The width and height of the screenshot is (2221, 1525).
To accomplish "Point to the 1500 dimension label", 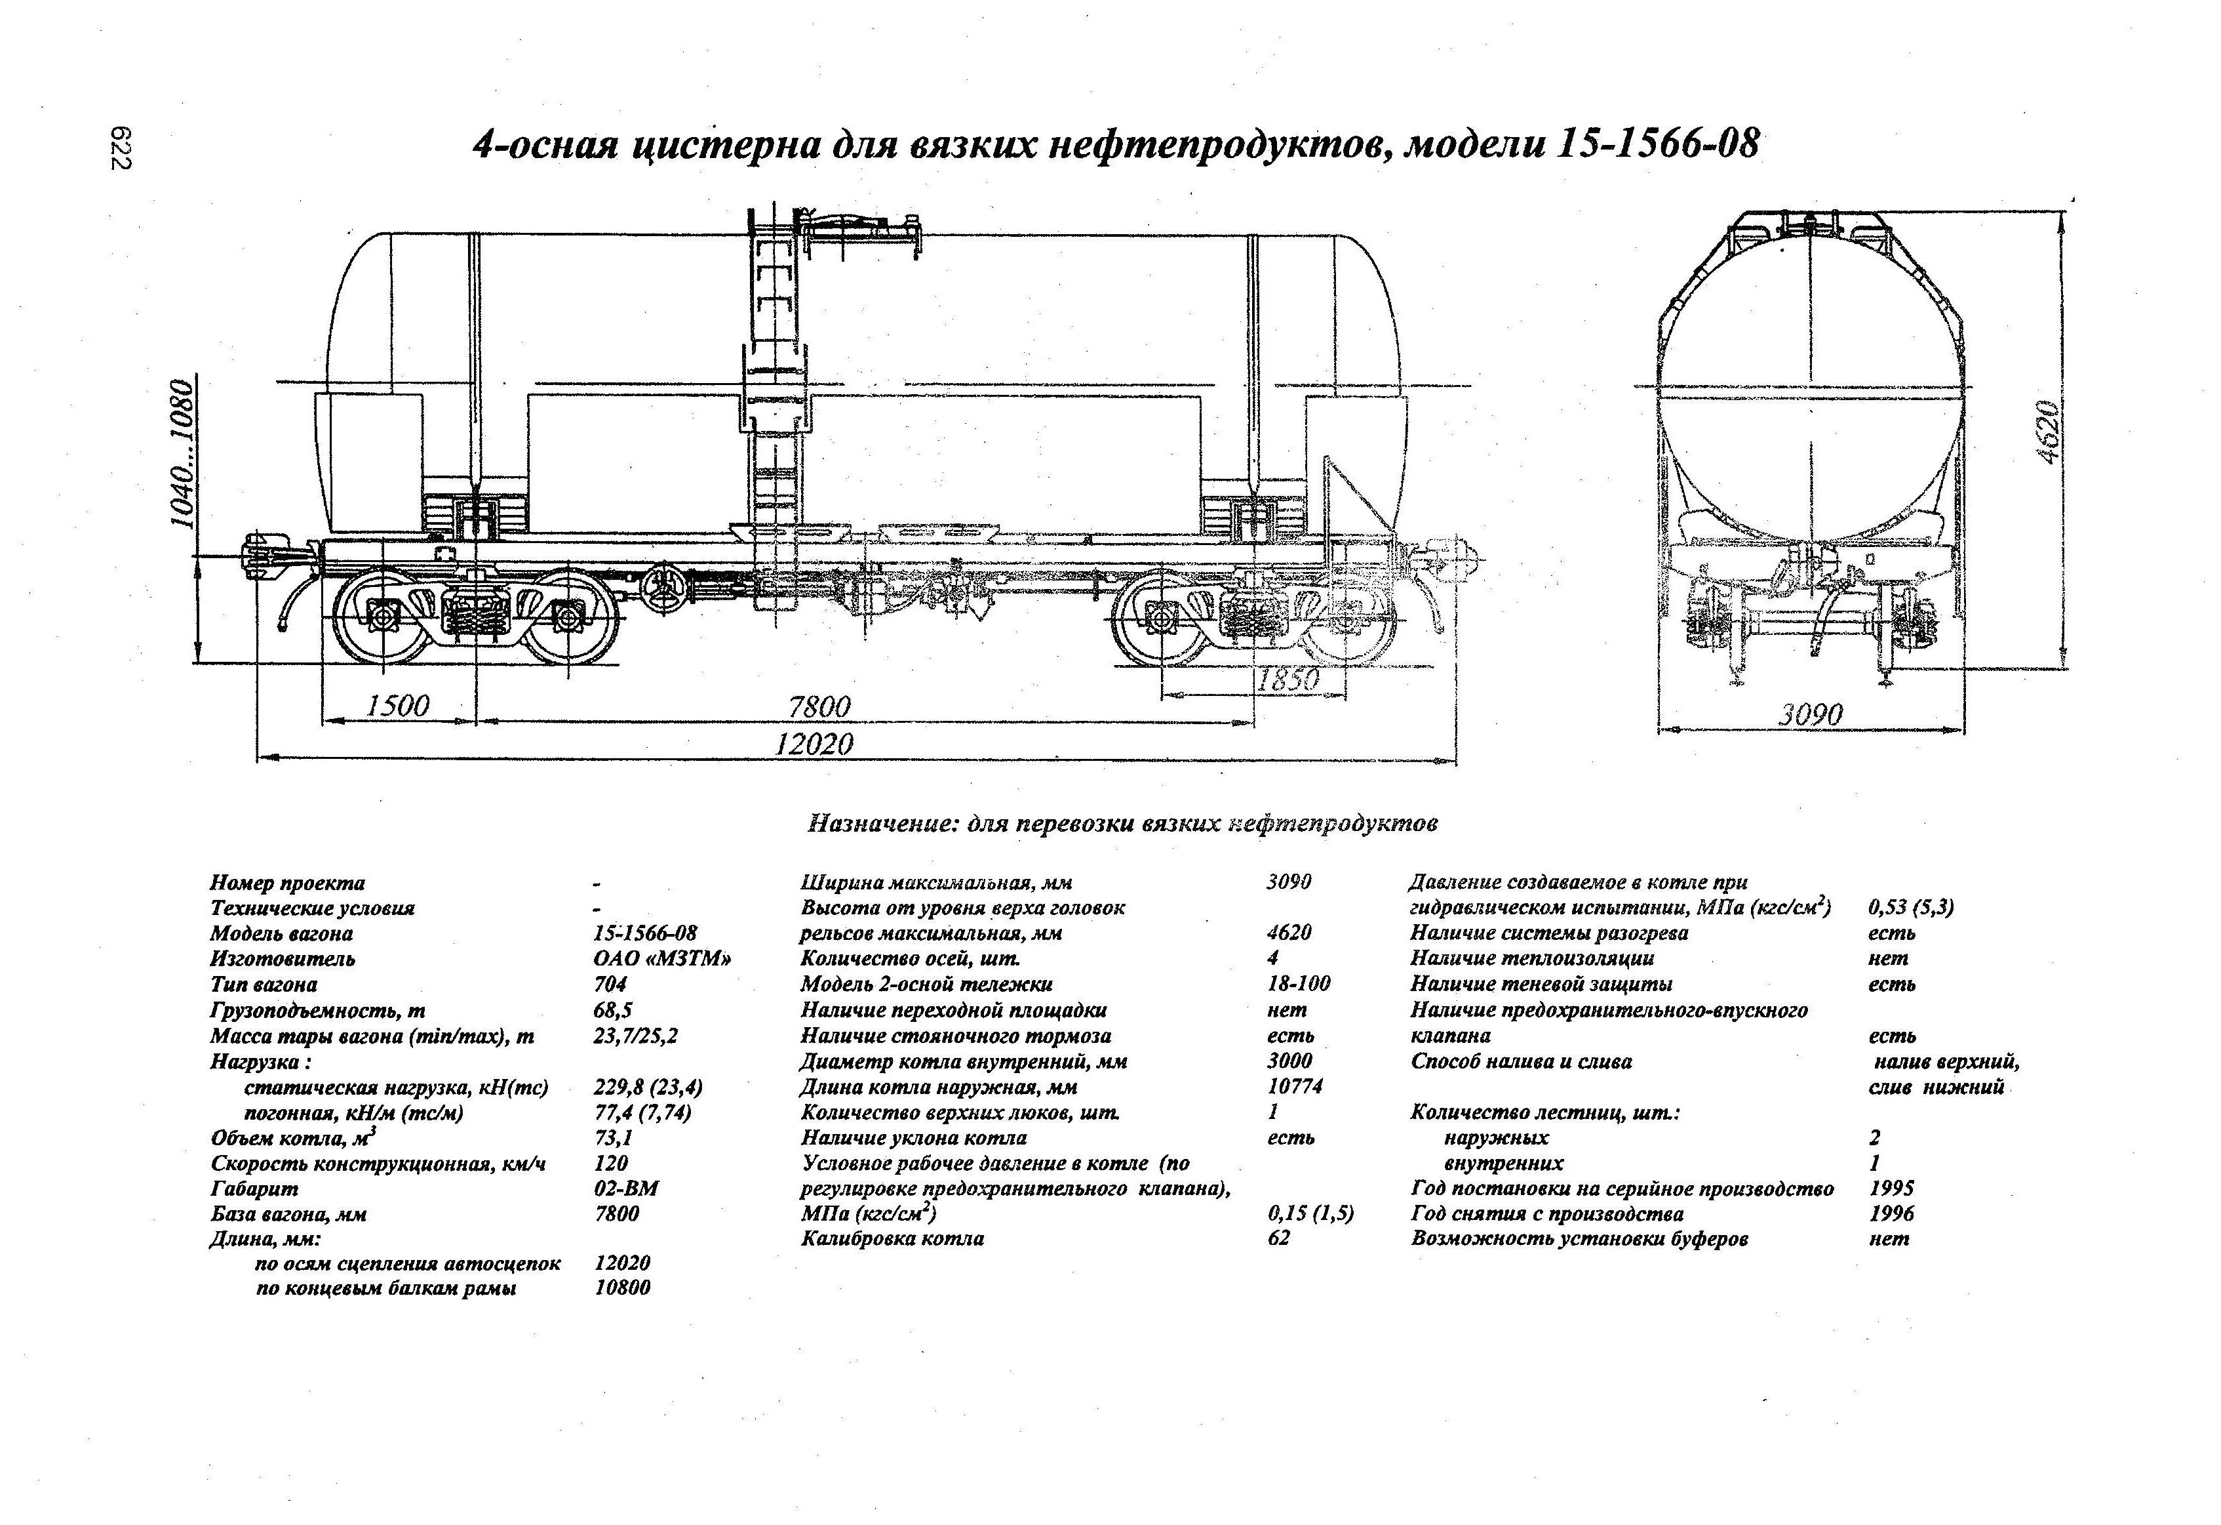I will click(x=397, y=706).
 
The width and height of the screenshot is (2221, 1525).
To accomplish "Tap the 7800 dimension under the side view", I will click(x=819, y=706).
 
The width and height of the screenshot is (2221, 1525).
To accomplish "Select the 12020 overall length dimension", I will click(x=814, y=744).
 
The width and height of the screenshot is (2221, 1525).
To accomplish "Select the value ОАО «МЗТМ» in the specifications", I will click(x=661, y=959).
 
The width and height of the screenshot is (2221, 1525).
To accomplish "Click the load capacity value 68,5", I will click(x=612, y=1009).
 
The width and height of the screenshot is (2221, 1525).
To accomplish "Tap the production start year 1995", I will click(x=1891, y=1189).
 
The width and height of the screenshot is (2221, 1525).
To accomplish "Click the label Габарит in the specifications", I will click(x=254, y=1189).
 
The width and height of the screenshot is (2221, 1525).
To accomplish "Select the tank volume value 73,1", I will click(x=612, y=1138).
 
